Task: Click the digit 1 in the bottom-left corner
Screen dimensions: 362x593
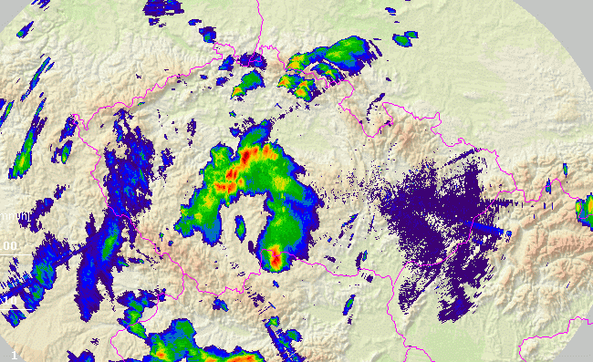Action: point(14,352)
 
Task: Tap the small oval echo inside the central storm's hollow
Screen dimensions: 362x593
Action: point(241,223)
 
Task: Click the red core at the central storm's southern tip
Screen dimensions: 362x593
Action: point(275,259)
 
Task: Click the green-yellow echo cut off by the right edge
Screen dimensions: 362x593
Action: point(584,212)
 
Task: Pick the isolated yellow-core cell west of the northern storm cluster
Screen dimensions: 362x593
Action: point(247,85)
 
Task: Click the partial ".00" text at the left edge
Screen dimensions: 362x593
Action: point(8,246)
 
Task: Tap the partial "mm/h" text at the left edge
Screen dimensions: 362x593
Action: point(6,217)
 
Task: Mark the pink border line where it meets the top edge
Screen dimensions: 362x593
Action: point(260,3)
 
